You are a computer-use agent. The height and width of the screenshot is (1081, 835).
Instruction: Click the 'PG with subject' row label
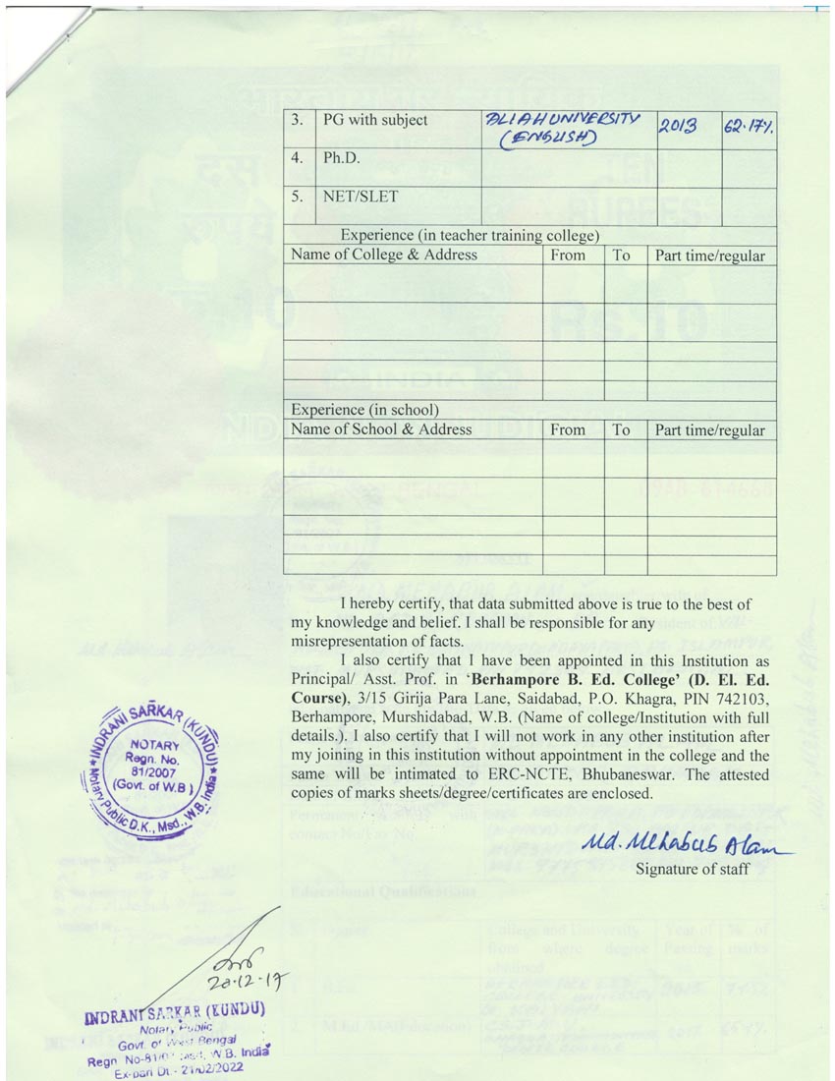click(x=375, y=120)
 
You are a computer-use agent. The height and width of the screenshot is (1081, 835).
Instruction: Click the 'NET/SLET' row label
click(x=361, y=197)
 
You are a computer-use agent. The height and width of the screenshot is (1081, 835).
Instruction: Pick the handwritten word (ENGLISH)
click(x=550, y=139)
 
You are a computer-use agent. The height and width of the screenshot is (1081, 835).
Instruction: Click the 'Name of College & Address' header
click(x=385, y=256)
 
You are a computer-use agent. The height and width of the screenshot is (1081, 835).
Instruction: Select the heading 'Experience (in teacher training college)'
click(x=470, y=236)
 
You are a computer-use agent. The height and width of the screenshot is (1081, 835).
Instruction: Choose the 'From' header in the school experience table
click(x=568, y=429)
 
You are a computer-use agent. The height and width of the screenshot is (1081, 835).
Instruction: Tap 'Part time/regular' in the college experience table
click(x=710, y=256)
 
